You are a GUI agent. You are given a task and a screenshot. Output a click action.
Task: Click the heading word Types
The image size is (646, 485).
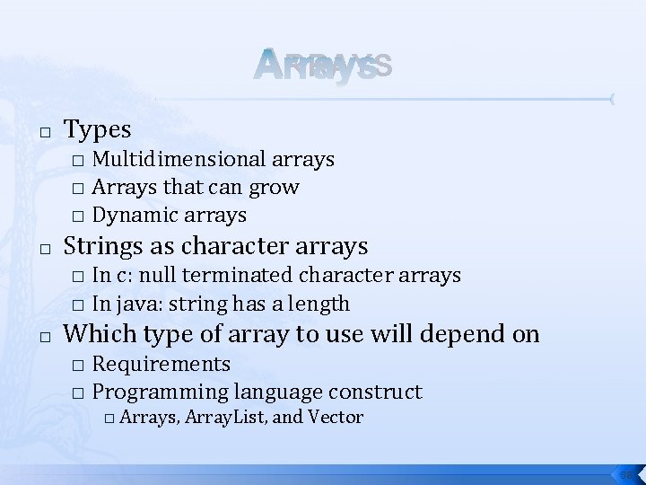pyautogui.click(x=98, y=130)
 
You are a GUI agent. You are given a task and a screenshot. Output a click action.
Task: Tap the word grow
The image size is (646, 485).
pyautogui.click(x=275, y=188)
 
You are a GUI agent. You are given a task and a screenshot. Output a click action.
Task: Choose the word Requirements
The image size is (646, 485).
pyautogui.click(x=161, y=364)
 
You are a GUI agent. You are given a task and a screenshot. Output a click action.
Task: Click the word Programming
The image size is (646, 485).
pyautogui.click(x=161, y=392)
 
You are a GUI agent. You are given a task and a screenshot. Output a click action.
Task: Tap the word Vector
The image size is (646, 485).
pyautogui.click(x=335, y=417)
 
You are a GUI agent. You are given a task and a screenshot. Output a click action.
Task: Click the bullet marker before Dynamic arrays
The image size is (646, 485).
pyautogui.click(x=78, y=216)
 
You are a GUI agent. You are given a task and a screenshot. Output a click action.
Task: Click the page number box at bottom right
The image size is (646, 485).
pyautogui.click(x=625, y=472)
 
